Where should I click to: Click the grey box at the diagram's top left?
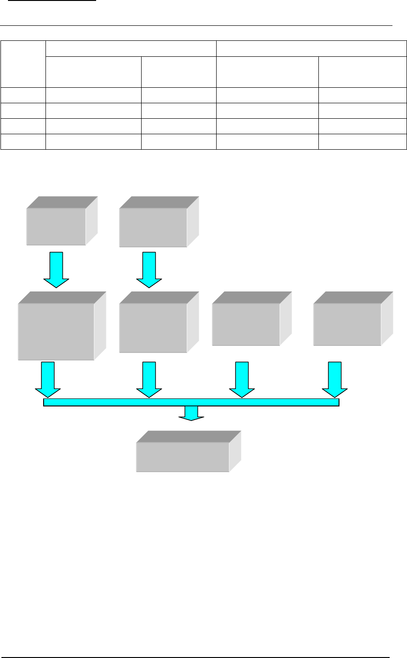tap(56, 226)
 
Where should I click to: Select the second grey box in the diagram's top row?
tap(153, 227)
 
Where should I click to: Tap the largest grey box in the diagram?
tap(56, 331)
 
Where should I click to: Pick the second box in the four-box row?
tap(153, 327)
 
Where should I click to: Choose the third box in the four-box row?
tap(246, 324)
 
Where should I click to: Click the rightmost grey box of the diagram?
tap(347, 324)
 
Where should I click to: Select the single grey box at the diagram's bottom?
tap(183, 456)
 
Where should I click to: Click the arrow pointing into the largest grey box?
tap(56, 270)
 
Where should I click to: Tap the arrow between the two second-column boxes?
tap(149, 270)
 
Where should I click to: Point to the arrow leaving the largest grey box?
tap(48, 379)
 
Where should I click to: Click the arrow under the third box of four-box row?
tap(242, 379)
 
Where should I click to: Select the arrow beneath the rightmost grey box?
tap(335, 379)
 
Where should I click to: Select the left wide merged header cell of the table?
tap(131, 48)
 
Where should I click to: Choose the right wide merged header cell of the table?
tap(311, 48)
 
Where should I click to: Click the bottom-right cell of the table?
tap(362, 142)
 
